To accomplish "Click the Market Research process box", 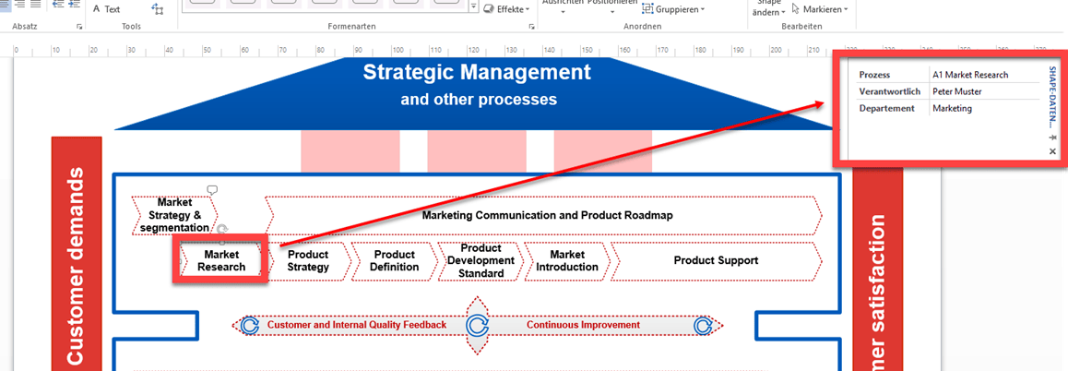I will tap(221, 260).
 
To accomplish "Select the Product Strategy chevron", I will tap(308, 261).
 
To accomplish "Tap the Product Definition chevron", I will tap(394, 261).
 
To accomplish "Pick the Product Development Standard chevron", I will tap(481, 261).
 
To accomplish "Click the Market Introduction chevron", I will tap(566, 261).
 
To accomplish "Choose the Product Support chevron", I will tap(716, 261).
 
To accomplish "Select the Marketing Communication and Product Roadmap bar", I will tap(547, 215).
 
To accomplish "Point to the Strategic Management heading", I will tap(476, 72).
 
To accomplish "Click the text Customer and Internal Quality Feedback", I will tap(356, 325).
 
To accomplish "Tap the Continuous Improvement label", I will tap(583, 325).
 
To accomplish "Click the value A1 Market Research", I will tap(970, 75).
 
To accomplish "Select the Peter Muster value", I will tap(956, 91).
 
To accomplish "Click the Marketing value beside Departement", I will tap(952, 108).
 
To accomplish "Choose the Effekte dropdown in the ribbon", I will tap(512, 9).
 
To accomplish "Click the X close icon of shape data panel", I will tap(1052, 151).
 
